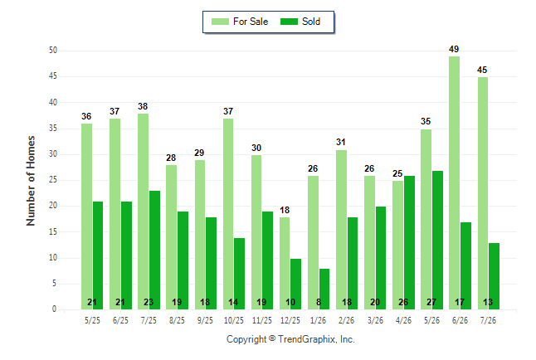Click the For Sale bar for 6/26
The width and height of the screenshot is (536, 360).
click(x=455, y=183)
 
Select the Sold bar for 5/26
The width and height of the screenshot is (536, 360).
click(x=437, y=240)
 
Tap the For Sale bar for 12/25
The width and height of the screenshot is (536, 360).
click(x=285, y=263)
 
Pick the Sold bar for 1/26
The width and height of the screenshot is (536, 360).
click(x=324, y=289)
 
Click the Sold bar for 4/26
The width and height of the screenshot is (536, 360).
click(x=410, y=243)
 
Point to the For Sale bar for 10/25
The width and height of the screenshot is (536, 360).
click(x=228, y=214)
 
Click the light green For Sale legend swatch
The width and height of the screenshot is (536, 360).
click(x=220, y=22)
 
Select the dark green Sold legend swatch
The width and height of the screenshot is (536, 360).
click(x=290, y=22)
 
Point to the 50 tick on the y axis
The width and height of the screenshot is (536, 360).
click(x=53, y=51)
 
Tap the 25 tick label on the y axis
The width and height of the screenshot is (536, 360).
click(x=53, y=179)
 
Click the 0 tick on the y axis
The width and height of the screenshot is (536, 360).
click(x=55, y=309)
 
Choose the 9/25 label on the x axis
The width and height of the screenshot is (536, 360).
click(x=205, y=320)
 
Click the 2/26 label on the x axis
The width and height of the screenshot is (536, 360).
click(x=346, y=320)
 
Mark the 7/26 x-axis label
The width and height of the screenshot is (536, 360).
click(x=488, y=320)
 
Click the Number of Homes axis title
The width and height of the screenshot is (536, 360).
click(x=31, y=181)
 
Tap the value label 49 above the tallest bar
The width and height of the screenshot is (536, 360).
click(x=454, y=49)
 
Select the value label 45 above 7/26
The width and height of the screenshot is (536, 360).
click(x=482, y=70)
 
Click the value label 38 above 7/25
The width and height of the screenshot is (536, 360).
click(x=143, y=106)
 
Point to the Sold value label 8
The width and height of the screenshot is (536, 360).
click(x=319, y=302)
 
